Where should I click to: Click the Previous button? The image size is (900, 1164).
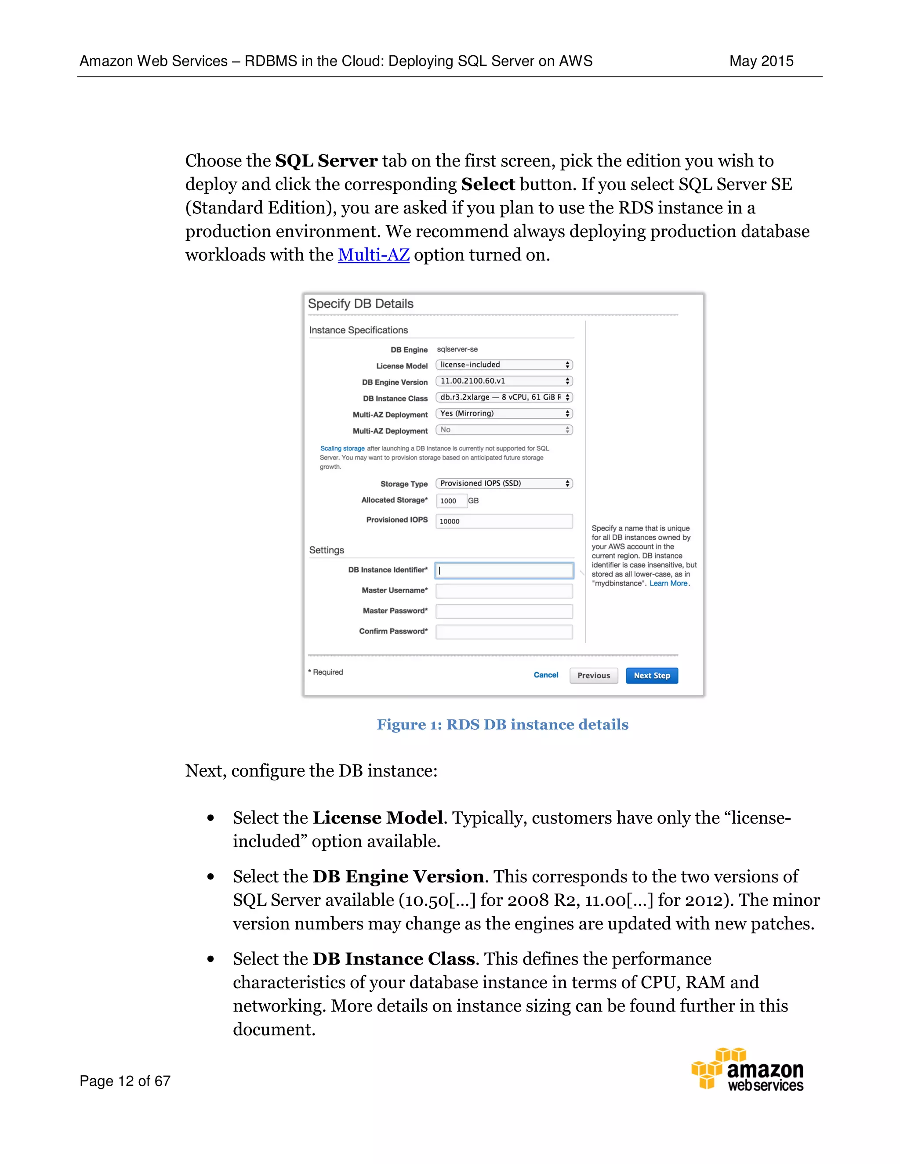coord(593,675)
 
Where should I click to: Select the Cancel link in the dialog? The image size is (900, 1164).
coord(545,675)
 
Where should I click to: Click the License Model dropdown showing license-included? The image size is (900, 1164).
coord(504,365)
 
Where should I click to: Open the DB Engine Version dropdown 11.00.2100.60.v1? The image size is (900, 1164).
coord(504,381)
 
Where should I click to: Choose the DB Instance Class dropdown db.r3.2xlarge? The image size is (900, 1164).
coord(504,397)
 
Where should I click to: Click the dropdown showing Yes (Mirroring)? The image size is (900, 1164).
coord(504,414)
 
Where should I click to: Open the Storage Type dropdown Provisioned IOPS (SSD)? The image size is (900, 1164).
coord(504,484)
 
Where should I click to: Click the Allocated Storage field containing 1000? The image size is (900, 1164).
coord(451,500)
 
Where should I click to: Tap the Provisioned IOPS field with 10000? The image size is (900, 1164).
coord(504,521)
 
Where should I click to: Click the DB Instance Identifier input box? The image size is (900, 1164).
coord(504,570)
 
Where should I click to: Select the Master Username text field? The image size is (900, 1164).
coord(504,590)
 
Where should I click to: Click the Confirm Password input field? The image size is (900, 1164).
coord(504,632)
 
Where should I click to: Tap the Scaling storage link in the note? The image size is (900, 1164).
coord(342,449)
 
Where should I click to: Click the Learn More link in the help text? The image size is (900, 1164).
coord(668,584)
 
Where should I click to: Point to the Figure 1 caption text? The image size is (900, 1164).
coord(502,725)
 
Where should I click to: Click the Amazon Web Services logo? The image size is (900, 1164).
coord(748,1069)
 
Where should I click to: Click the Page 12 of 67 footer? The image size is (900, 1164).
coord(125,1081)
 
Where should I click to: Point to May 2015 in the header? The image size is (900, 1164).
coord(761,61)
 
